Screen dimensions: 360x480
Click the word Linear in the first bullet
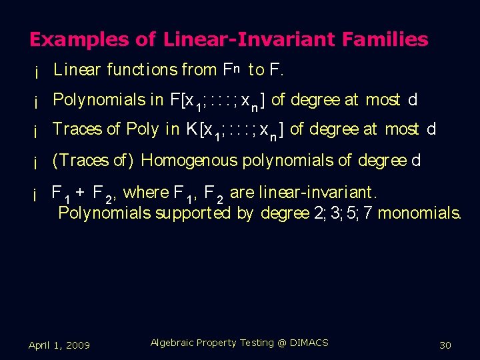(77, 69)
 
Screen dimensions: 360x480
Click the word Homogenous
(189, 161)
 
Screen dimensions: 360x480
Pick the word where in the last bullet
(146, 193)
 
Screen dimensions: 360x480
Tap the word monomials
(419, 213)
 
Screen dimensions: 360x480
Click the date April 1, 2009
(59, 345)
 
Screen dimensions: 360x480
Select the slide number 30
(445, 345)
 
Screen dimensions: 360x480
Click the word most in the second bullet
(383, 100)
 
